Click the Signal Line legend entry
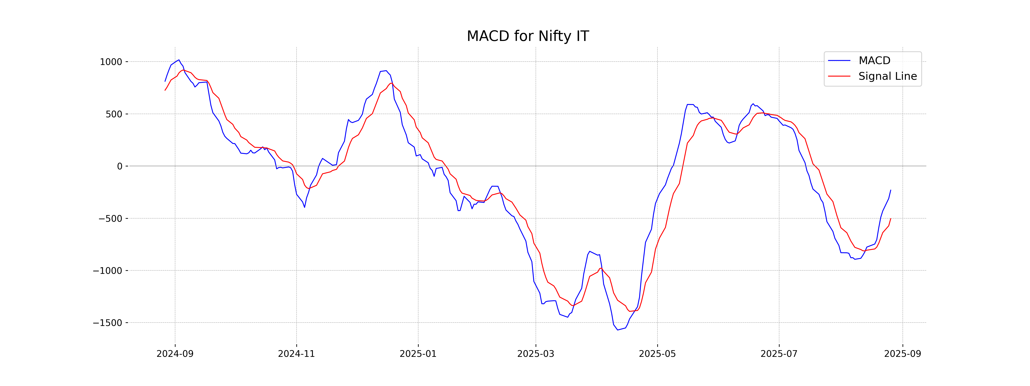(x=887, y=76)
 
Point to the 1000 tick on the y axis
(x=111, y=62)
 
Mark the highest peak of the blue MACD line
(x=179, y=60)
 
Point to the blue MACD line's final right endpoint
(x=891, y=190)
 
